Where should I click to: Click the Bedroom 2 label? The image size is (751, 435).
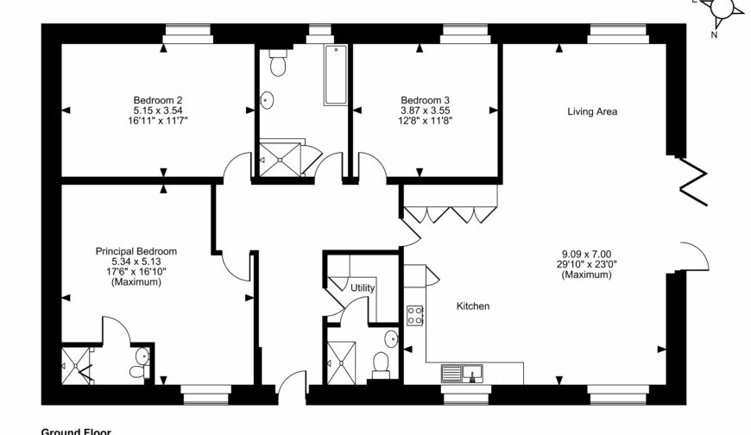[x=156, y=99]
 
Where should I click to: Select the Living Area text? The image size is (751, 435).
[x=591, y=111]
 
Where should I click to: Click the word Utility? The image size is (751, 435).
[x=363, y=287]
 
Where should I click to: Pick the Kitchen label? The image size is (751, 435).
[x=473, y=306]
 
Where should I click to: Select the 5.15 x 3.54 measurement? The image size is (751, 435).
[x=156, y=110]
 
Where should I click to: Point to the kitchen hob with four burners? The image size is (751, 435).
[x=414, y=316]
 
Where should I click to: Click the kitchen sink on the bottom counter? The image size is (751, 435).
[x=462, y=374]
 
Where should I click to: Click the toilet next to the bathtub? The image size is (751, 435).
[x=277, y=64]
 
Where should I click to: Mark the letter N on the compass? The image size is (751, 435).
[x=713, y=35]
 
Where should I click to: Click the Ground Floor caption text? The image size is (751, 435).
[x=76, y=430]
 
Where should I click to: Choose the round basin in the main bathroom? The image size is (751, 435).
[x=268, y=100]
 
